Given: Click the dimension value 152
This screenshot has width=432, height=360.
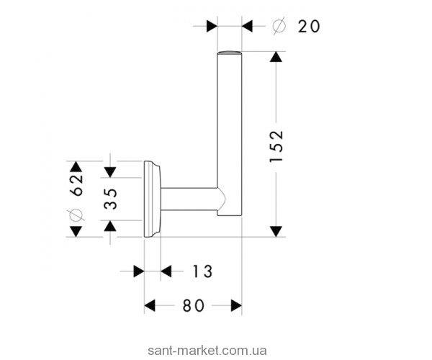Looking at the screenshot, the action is [x=276, y=146].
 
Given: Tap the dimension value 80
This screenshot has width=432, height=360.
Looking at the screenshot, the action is [x=194, y=306].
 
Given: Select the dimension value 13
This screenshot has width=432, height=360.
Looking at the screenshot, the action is [x=202, y=271].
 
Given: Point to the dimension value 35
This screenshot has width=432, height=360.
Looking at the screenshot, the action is [x=111, y=198].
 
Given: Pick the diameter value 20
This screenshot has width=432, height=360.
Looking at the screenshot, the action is [x=309, y=27].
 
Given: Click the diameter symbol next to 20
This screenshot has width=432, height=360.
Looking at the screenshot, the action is [x=279, y=26].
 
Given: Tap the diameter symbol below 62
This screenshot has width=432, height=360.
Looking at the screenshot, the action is [x=76, y=215].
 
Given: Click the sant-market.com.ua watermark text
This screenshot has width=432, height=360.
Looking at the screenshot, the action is [x=207, y=343].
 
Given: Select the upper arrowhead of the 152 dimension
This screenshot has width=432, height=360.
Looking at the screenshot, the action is [x=276, y=57].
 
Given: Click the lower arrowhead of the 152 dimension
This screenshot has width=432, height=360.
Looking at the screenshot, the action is [x=276, y=231].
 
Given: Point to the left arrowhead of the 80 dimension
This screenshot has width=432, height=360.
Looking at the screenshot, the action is [x=150, y=306].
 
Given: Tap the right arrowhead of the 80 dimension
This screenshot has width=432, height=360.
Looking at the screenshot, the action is [x=236, y=306].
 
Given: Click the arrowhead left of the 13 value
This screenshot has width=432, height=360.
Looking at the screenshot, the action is [x=139, y=271].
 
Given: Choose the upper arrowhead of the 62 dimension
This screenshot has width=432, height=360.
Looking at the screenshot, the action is [x=76, y=166].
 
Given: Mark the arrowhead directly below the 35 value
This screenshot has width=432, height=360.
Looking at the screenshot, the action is [x=110, y=225].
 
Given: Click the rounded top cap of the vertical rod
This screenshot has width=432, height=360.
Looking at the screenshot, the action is [x=230, y=53].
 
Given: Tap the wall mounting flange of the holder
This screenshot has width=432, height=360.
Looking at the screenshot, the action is [x=152, y=199].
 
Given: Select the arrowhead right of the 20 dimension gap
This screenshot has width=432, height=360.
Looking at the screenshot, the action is [x=247, y=26].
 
